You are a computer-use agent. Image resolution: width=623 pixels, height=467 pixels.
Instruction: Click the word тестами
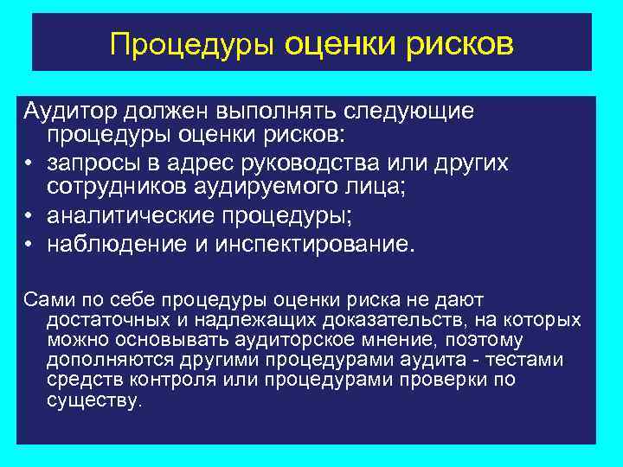(x=532, y=360)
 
